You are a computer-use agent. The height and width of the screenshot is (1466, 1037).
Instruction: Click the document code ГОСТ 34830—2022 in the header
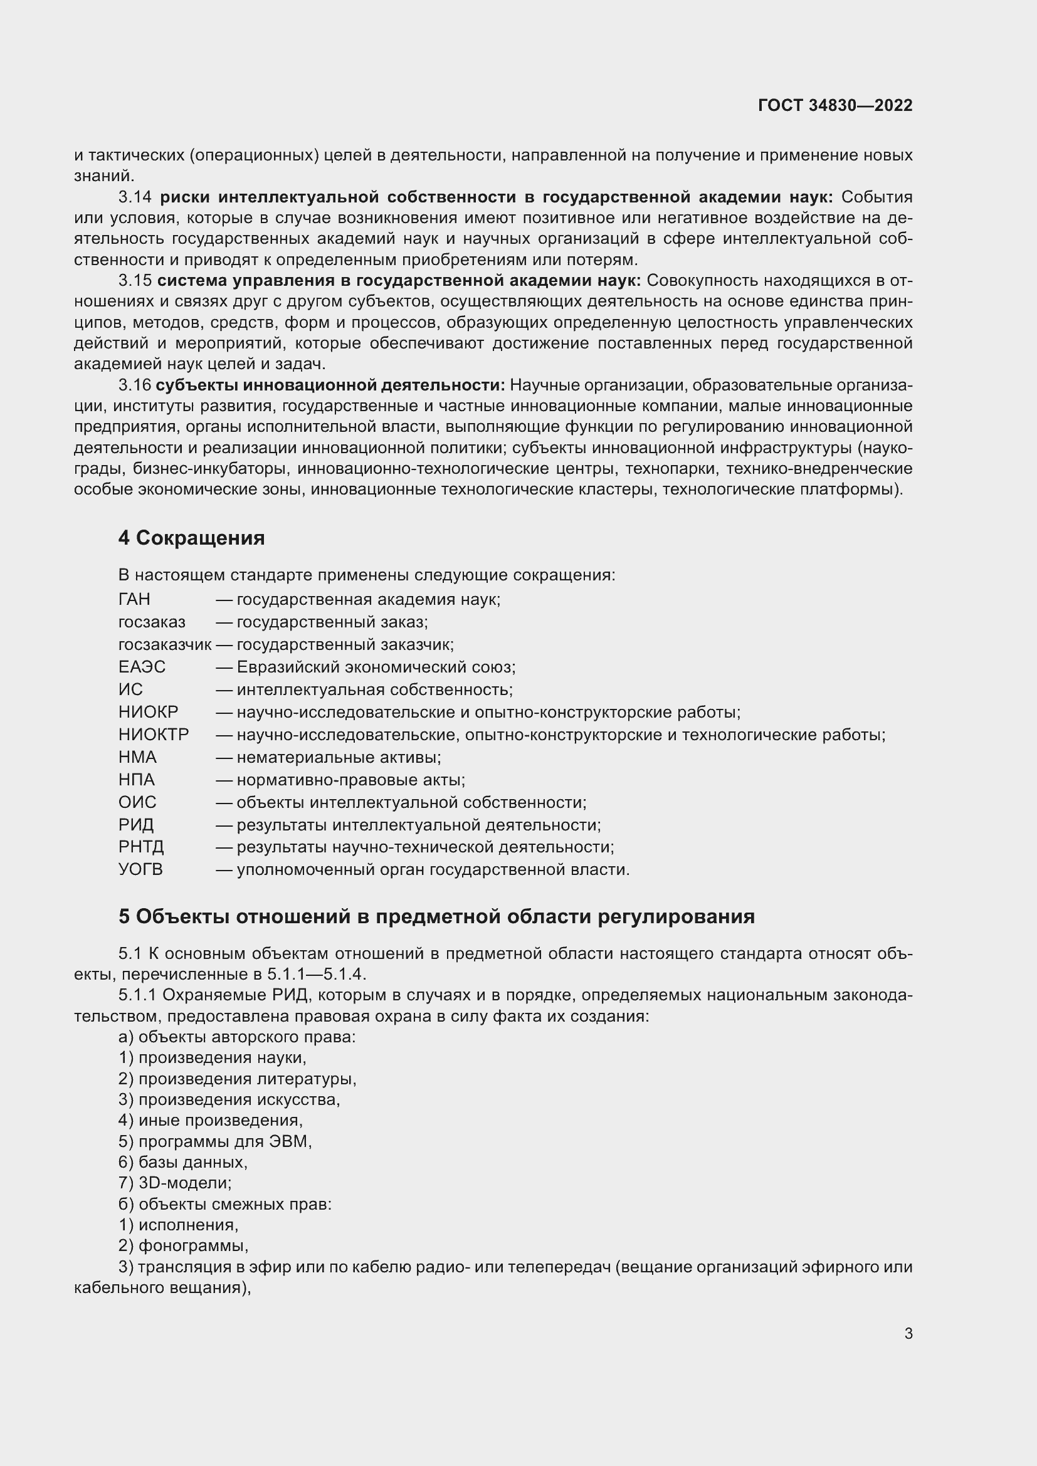[834, 105]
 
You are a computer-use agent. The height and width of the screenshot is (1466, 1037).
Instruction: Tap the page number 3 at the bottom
[908, 1333]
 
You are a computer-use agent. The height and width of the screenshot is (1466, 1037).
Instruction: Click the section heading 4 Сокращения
[191, 538]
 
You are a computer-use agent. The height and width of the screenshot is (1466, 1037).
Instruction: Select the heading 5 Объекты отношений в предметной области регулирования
[436, 916]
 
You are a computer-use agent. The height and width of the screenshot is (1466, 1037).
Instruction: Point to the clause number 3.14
[135, 197]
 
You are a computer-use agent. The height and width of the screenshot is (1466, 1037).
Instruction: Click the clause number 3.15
[135, 280]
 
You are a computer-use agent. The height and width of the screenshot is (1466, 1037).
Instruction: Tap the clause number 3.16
[135, 385]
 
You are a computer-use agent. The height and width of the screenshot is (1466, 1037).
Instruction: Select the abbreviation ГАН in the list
[134, 599]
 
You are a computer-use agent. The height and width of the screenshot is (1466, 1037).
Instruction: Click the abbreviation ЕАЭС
[142, 667]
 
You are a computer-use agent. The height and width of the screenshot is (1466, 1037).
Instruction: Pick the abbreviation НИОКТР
[153, 735]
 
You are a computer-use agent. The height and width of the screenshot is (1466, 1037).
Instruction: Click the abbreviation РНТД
[141, 847]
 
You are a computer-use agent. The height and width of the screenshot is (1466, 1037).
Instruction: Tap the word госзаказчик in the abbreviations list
[164, 644]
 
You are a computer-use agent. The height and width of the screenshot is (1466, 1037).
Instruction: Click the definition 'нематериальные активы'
[338, 757]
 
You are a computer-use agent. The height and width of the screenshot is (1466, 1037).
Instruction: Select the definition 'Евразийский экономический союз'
[376, 667]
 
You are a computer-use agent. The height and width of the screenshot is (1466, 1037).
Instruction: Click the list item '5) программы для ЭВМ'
[214, 1141]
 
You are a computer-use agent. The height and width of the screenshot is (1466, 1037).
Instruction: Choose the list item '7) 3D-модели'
[175, 1183]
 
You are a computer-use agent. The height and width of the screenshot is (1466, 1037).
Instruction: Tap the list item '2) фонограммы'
[183, 1245]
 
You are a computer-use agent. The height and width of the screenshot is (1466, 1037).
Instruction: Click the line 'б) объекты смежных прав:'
[225, 1203]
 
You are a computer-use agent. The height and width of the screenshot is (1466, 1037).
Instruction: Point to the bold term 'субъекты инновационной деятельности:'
[330, 385]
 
